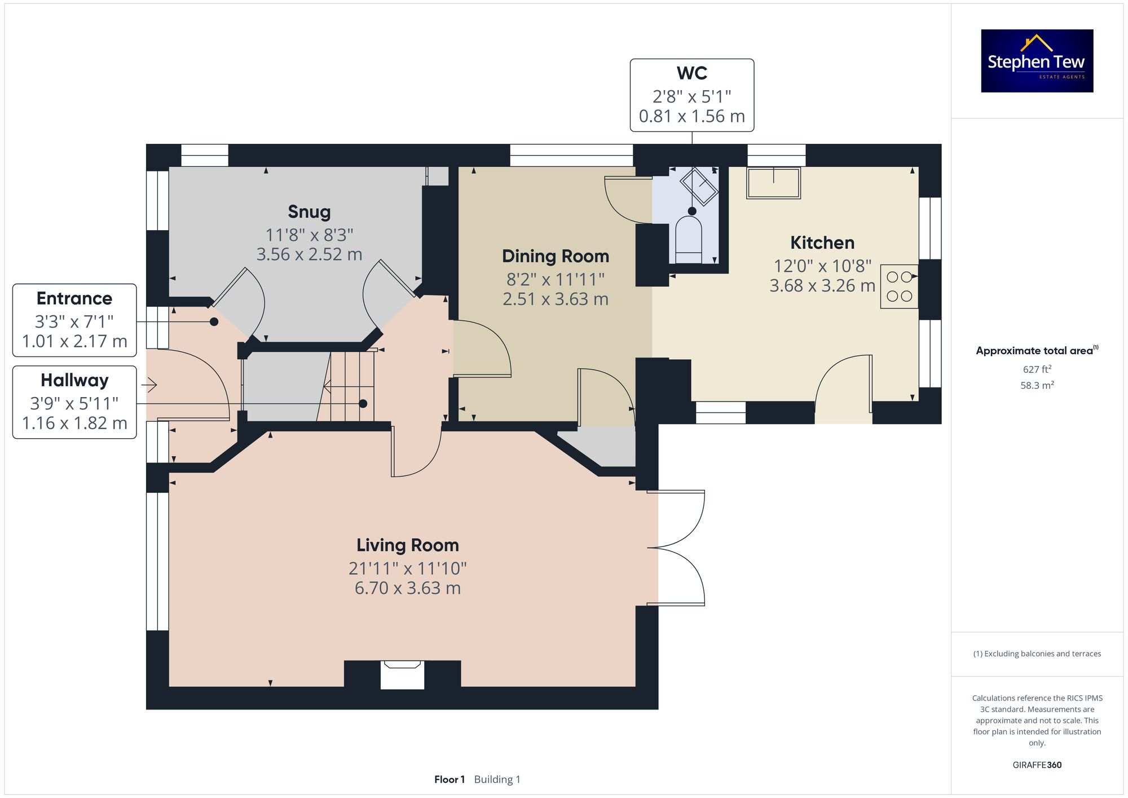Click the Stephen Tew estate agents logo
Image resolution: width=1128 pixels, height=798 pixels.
point(1037,61)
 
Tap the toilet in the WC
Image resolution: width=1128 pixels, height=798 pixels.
point(689,241)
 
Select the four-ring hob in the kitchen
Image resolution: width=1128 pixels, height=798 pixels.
point(899,286)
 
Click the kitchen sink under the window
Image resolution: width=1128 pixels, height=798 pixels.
point(773,183)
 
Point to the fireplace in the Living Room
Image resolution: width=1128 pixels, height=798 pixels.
point(402,674)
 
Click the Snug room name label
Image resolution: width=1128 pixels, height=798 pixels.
point(309,212)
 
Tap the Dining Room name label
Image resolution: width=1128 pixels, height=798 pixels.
point(555,257)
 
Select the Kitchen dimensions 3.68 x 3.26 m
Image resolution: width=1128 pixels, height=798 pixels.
point(822,286)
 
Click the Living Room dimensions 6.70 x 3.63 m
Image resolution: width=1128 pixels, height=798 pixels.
point(407,588)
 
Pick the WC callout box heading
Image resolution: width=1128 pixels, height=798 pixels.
point(691,73)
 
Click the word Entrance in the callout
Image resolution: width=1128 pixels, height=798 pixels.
point(74,298)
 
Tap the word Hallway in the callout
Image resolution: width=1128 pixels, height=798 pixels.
point(74,380)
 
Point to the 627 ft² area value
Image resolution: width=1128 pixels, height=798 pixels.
point(1037,369)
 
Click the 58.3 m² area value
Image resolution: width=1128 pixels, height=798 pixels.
point(1037,386)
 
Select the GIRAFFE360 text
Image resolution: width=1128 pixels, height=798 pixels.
point(1037,765)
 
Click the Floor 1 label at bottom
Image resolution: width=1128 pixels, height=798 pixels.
point(449,779)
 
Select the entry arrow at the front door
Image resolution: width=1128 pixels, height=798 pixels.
point(149,385)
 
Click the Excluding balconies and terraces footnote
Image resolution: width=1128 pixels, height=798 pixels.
point(1037,654)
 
